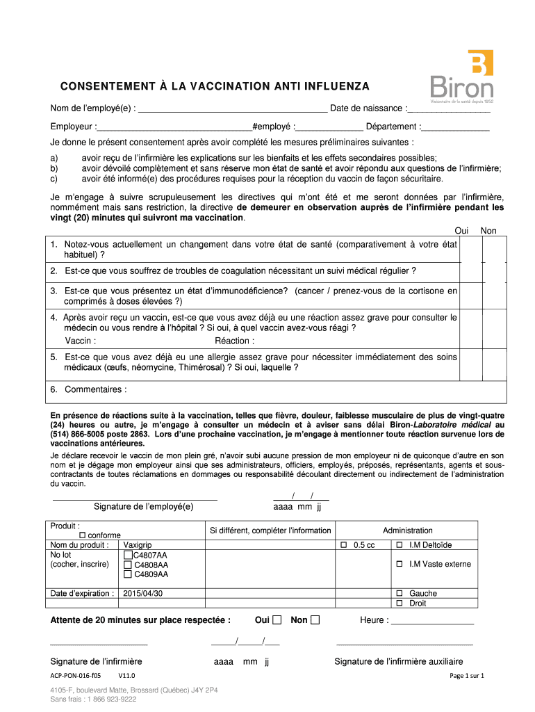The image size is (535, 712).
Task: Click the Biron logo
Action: click(462, 76)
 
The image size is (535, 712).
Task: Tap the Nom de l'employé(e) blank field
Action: click(233, 108)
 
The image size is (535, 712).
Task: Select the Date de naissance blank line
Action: click(448, 108)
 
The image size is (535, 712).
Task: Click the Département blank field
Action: click(456, 127)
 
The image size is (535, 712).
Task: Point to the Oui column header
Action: click(461, 231)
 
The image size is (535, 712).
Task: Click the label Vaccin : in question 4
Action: click(81, 341)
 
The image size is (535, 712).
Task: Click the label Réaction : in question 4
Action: click(234, 341)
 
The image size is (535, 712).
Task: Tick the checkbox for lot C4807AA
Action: click(128, 556)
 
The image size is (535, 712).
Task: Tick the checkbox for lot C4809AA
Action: click(128, 574)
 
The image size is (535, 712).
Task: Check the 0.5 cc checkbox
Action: click(343, 545)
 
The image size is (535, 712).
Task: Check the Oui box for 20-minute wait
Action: click(277, 620)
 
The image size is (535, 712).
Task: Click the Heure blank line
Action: click(432, 621)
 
